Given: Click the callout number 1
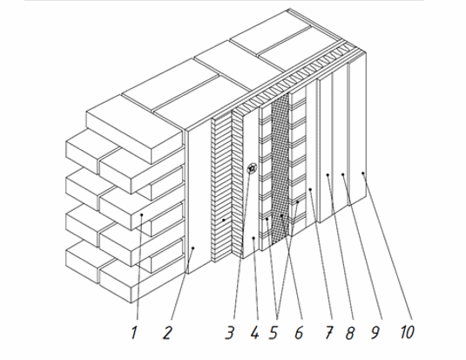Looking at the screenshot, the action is click(x=134, y=332).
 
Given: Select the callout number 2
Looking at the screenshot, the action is click(x=167, y=333).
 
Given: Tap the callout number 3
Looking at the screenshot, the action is click(x=229, y=333).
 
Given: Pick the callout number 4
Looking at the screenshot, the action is click(x=254, y=332).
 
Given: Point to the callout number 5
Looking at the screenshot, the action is click(x=274, y=333).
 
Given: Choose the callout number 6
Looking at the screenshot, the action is click(x=299, y=333).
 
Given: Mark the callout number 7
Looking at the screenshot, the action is click(x=329, y=332).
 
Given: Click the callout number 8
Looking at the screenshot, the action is click(x=350, y=333).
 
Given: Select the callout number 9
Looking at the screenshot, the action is click(x=375, y=332).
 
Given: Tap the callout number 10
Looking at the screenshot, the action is click(x=407, y=332).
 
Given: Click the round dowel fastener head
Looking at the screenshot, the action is click(x=252, y=169).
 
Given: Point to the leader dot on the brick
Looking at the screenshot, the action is click(x=142, y=214).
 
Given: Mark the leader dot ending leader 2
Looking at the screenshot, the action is click(x=192, y=248).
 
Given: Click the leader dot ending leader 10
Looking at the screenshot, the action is click(x=363, y=173).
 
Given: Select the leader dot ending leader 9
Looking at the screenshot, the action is click(x=342, y=174).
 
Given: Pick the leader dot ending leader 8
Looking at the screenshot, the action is click(x=328, y=175).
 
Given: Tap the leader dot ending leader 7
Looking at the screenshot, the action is click(x=310, y=189).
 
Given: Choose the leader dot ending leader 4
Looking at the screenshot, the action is click(x=253, y=238).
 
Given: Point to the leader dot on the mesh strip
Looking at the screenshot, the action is click(x=281, y=215).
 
